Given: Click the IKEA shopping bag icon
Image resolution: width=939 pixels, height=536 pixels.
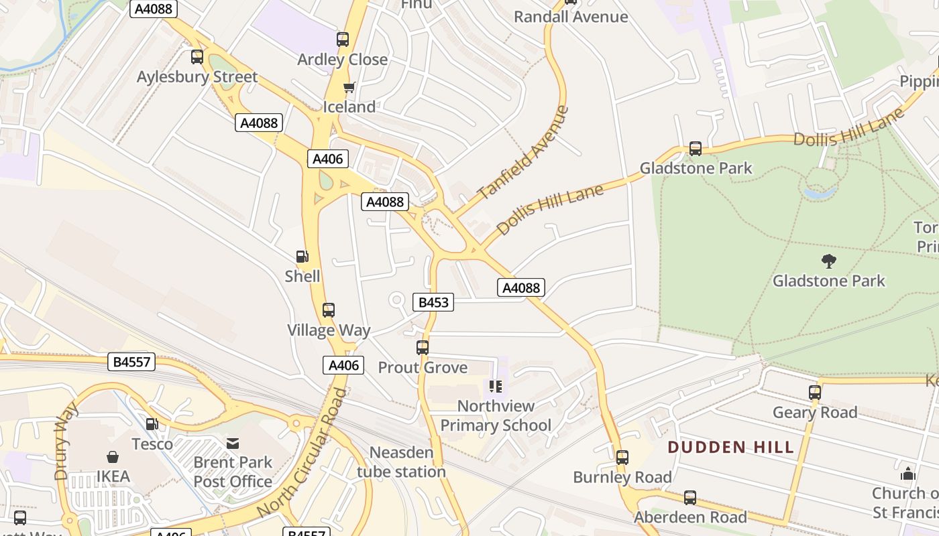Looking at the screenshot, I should pyautogui.click(x=113, y=458).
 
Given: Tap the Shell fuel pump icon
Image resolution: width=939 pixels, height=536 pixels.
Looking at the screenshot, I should pyautogui.click(x=302, y=257).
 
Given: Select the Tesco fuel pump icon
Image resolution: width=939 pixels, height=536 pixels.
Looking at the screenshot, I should pyautogui.click(x=152, y=424).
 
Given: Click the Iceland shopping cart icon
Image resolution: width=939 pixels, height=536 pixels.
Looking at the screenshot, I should pyautogui.click(x=349, y=87).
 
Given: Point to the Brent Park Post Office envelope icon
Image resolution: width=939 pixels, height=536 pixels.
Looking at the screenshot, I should pyautogui.click(x=233, y=443).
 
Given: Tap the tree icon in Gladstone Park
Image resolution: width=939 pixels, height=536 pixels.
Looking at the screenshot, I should pyautogui.click(x=829, y=261).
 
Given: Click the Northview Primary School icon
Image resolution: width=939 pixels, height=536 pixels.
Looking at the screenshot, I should pyautogui.click(x=496, y=386).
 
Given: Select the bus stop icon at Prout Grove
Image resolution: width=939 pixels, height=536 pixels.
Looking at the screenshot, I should pyautogui.click(x=423, y=348).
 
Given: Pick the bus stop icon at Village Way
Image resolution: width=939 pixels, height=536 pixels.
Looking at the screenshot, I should pyautogui.click(x=329, y=310).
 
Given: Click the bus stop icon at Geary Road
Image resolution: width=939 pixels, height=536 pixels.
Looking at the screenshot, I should pyautogui.click(x=815, y=393).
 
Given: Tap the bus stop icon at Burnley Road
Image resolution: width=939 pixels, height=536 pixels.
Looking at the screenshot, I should pyautogui.click(x=622, y=458).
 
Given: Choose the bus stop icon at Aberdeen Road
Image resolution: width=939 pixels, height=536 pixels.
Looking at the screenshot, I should pyautogui.click(x=690, y=498).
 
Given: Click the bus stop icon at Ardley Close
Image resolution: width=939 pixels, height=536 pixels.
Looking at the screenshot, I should pyautogui.click(x=343, y=40).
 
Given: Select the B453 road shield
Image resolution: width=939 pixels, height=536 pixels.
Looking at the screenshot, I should pyautogui.click(x=433, y=302).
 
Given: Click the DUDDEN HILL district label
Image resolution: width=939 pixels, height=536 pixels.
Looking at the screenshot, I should pyautogui.click(x=731, y=447).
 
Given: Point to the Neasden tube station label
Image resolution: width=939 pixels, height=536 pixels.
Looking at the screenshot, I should pyautogui.click(x=401, y=462).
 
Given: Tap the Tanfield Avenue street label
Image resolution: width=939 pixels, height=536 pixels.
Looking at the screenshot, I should pyautogui.click(x=523, y=152).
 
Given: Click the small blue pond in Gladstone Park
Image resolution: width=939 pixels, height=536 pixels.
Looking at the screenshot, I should pyautogui.click(x=820, y=193).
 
